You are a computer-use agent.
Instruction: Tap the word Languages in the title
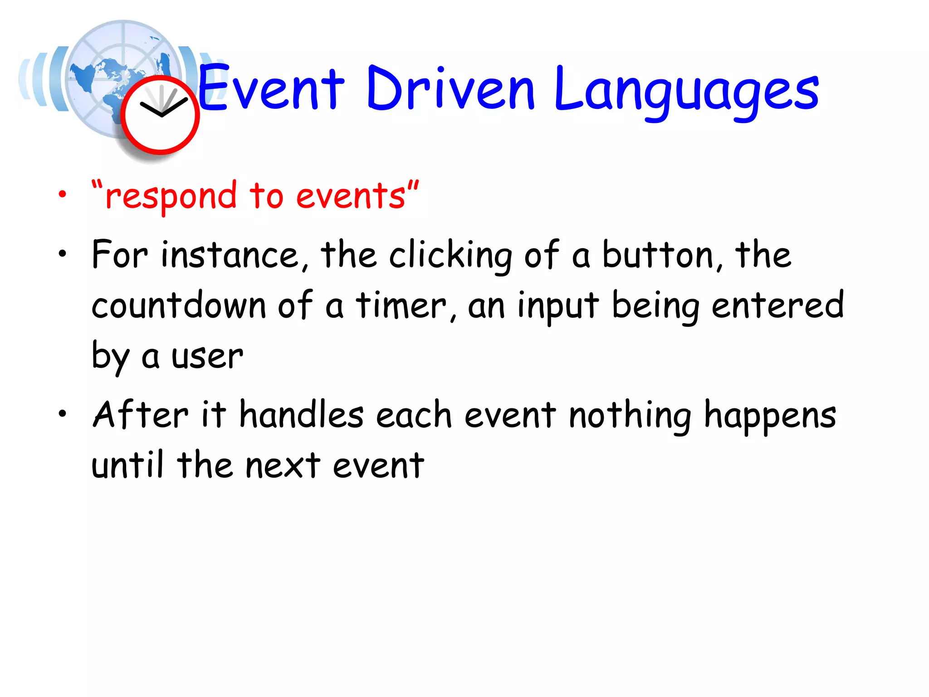(686, 91)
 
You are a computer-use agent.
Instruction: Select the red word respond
(171, 196)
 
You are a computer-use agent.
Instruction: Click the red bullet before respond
(62, 195)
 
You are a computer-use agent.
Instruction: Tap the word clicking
(450, 256)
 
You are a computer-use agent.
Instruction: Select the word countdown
(178, 305)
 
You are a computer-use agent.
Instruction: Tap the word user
(207, 356)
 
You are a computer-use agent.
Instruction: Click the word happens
(770, 416)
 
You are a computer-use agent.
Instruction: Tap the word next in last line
(283, 466)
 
